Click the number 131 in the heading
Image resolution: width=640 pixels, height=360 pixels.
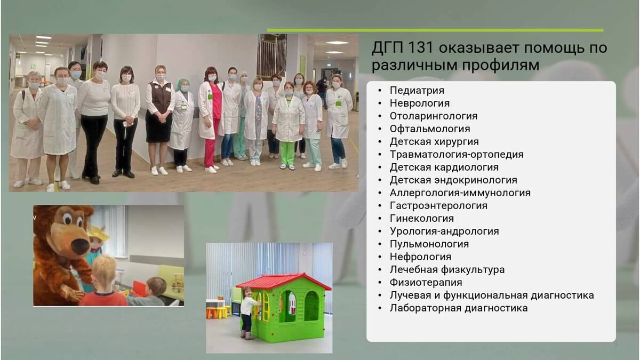coord(419,48)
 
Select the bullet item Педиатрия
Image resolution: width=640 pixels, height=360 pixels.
coord(417,90)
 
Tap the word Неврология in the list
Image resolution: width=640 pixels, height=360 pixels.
coord(420,103)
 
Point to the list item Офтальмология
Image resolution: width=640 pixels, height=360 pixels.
coord(430,129)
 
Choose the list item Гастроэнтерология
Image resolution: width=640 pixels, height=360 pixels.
coord(438,206)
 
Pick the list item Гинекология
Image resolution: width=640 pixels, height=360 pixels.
coord(422,219)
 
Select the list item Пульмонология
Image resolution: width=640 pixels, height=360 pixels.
coord(429,244)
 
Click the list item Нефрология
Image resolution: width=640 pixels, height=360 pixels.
coord(421,257)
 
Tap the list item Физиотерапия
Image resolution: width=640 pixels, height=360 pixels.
coord(426,283)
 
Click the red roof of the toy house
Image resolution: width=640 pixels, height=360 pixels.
coord(283,281)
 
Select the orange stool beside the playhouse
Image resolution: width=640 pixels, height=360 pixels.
coord(212,313)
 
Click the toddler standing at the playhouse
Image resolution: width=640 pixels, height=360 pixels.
coord(247,313)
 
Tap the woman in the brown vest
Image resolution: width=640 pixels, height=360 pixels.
coord(160,120)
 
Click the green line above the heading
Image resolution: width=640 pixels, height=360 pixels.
coord(435,30)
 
